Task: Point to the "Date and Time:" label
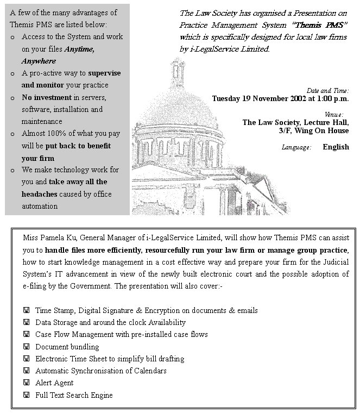click(x=327, y=91)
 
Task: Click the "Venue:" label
click(x=334, y=115)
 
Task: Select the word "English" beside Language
click(x=336, y=147)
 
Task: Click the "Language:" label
click(x=296, y=147)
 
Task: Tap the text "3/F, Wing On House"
click(x=314, y=131)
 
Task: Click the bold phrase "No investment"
click(x=47, y=97)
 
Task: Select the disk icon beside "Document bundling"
click(x=26, y=347)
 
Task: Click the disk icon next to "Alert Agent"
click(x=26, y=383)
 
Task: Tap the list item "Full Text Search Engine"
click(x=74, y=395)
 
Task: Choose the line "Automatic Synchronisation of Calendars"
click(x=100, y=371)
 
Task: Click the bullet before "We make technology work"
click(x=12, y=170)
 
